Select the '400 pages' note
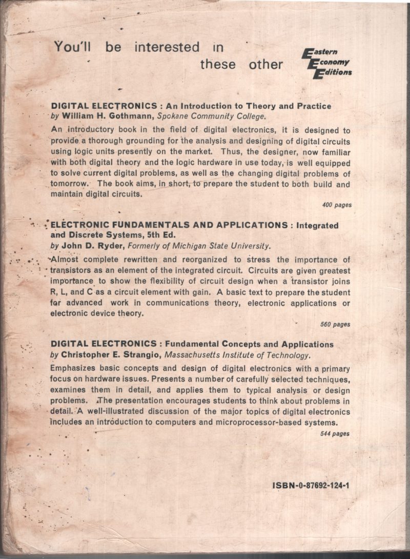[x=337, y=205]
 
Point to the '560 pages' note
[x=335, y=324]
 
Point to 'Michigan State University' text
[x=223, y=245]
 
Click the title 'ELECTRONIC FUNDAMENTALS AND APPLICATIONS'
[x=170, y=225]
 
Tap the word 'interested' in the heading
[x=167, y=47]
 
